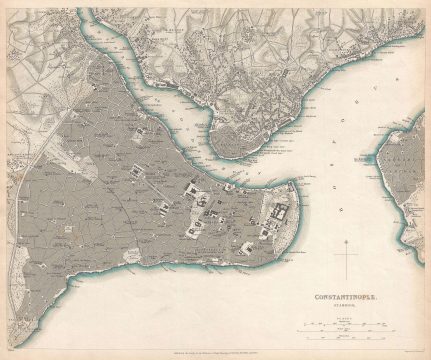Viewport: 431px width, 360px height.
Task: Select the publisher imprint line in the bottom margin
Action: coord(215,349)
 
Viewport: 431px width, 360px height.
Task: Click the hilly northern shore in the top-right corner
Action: coord(380,30)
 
